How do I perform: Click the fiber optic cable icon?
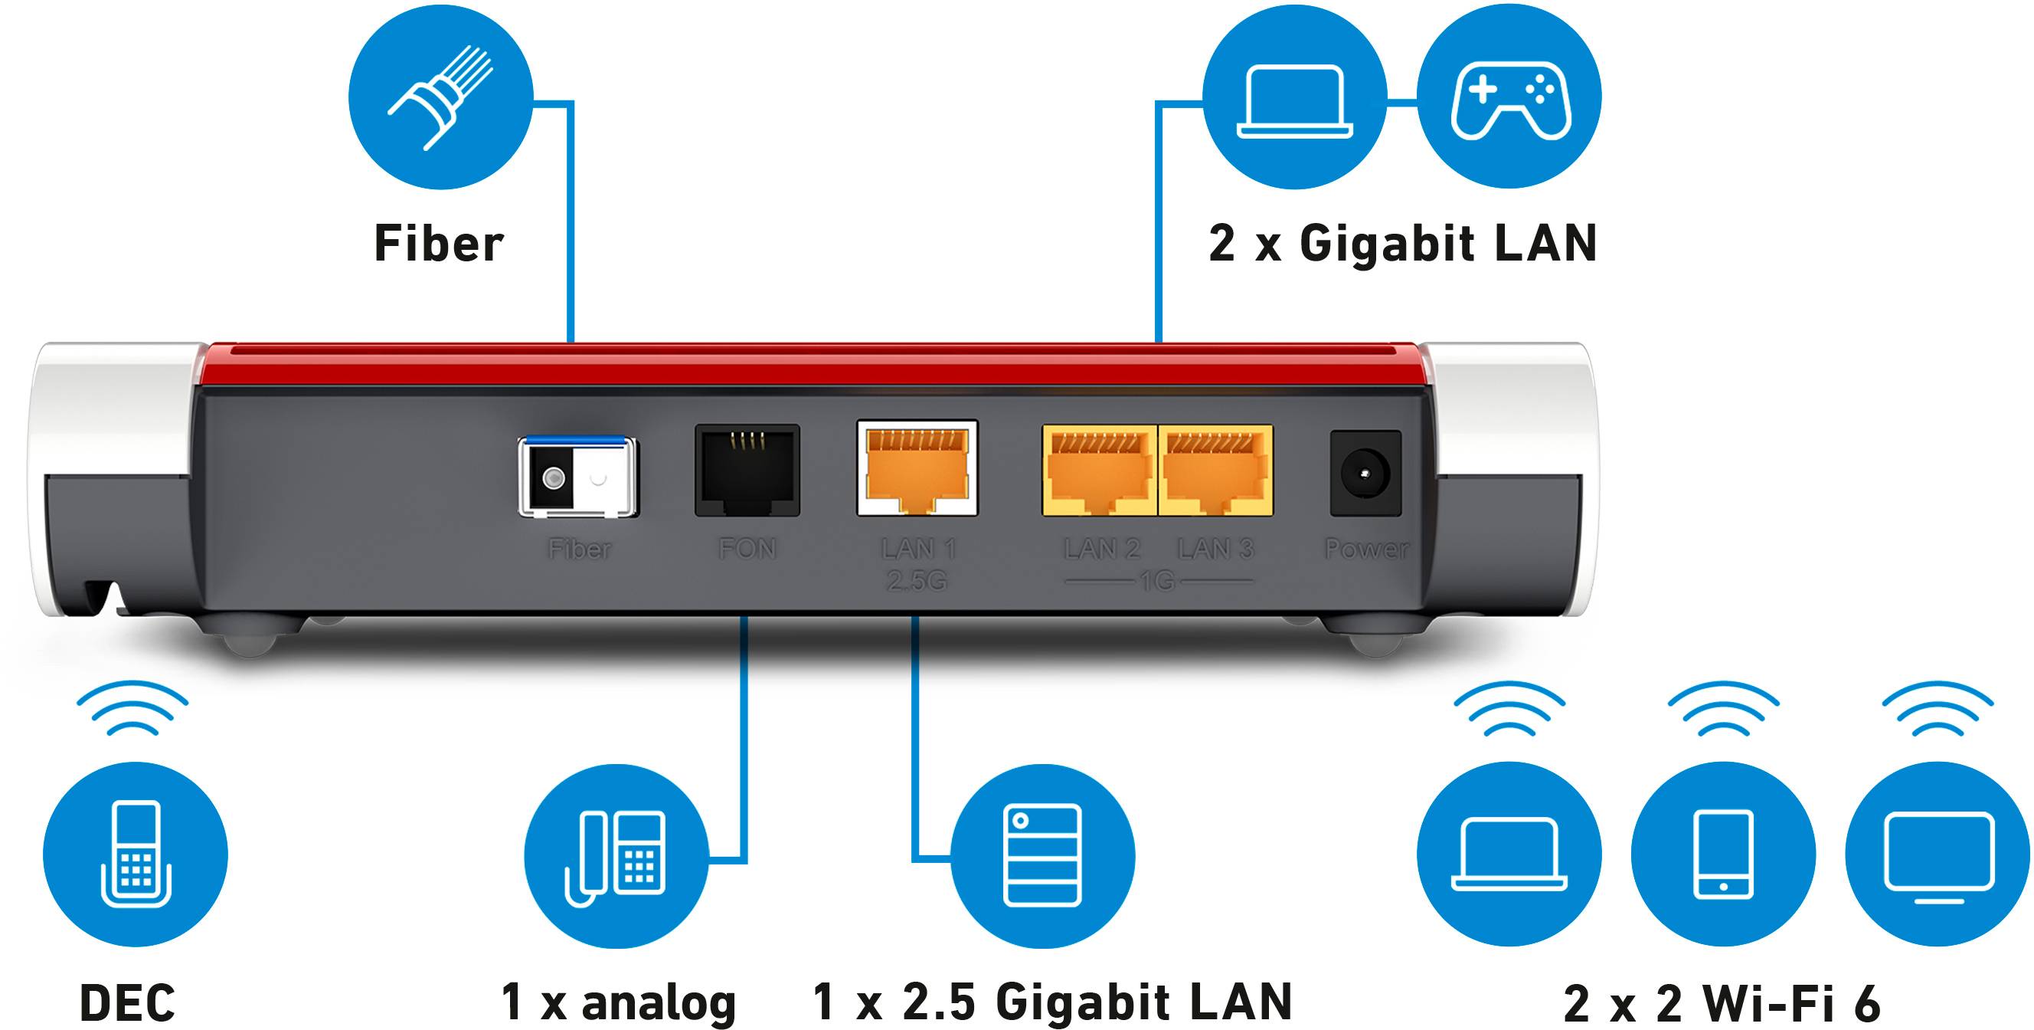pos(440,97)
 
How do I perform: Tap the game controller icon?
pos(1509,98)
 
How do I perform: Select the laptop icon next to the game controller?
pos(1294,98)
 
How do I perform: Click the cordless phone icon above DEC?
pos(136,855)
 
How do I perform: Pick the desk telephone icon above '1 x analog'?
pos(616,856)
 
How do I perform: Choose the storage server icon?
pos(1042,856)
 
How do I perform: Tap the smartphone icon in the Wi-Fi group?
pos(1723,855)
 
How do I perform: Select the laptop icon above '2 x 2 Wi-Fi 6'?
pos(1509,855)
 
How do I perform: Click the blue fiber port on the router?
pos(577,476)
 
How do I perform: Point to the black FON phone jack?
pos(747,470)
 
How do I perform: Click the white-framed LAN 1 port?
pos(917,468)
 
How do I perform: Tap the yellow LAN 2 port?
pos(1099,471)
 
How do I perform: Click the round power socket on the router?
pos(1365,473)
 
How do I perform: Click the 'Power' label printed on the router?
pos(1365,549)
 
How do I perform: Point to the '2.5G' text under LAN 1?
pos(917,582)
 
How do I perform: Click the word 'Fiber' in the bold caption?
pos(438,243)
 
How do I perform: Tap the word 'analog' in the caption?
pos(658,1003)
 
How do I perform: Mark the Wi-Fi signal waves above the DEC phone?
pos(132,707)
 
